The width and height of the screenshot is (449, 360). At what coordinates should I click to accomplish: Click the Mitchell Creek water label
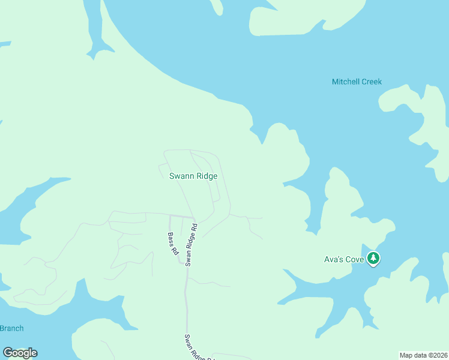[x=357, y=82]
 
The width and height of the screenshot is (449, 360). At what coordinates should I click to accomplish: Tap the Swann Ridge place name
[x=193, y=176]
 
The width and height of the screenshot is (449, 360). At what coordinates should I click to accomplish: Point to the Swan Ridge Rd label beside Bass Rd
[x=191, y=245]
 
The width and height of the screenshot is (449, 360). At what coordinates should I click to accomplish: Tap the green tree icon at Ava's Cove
[x=374, y=259]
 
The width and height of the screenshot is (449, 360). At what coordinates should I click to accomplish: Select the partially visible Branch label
[x=11, y=328]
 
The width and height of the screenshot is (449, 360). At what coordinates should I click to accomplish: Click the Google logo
[x=20, y=353]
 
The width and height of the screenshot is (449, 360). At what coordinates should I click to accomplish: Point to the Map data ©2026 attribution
[x=423, y=355]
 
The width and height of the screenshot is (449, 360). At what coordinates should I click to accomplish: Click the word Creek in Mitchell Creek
[x=370, y=82]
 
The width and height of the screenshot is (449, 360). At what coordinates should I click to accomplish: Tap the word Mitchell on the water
[x=345, y=82]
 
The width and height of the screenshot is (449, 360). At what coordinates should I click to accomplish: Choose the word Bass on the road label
[x=171, y=239]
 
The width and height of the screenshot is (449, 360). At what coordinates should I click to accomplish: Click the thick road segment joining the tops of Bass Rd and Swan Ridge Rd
[x=181, y=217]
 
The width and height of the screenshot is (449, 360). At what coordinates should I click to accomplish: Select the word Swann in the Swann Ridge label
[x=181, y=176]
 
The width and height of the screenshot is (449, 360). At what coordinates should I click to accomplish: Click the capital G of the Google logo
[x=8, y=353]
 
